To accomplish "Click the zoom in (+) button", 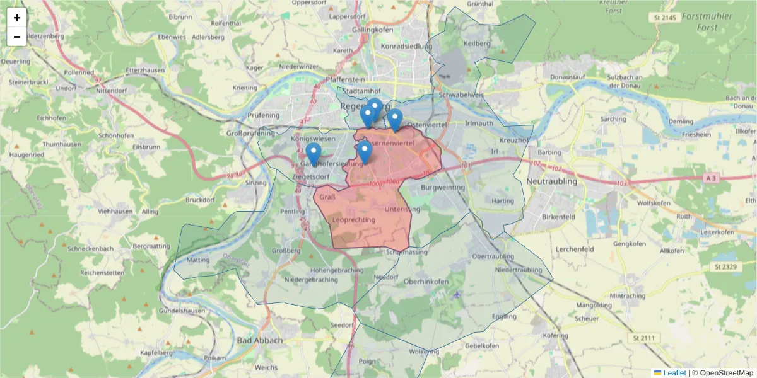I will coord(17,18).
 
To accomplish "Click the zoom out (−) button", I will coord(17,37).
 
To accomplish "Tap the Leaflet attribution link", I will coord(674,373).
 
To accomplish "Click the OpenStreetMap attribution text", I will coord(726,373).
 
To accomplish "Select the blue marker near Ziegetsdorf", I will coord(313,154).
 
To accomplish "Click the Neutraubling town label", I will coord(551,181).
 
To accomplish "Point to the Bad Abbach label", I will coord(260,340).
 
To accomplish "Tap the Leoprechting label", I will coord(353,220).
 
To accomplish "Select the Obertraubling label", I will coord(498,257).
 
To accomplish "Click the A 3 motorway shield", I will coord(712,178).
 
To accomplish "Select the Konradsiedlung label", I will coord(407,46).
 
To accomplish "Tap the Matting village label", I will coord(198,260).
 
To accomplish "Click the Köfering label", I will coord(556,335).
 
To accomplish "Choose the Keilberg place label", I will coord(477,43).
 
